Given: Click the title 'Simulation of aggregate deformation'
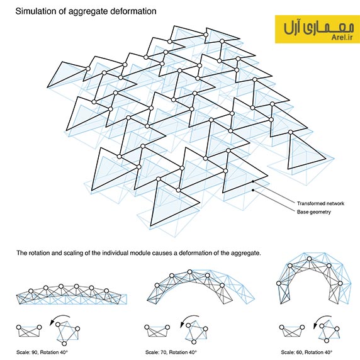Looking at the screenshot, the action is [x=86, y=11].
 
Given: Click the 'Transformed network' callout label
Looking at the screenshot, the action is [x=320, y=203].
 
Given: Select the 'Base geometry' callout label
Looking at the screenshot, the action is [x=314, y=212].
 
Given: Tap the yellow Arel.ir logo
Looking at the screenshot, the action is [x=317, y=29].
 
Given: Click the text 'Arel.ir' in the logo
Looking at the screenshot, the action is [x=342, y=37].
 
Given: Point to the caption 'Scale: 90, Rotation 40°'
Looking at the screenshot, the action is [x=42, y=352].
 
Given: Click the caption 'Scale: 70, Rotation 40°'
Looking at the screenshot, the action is [x=171, y=352].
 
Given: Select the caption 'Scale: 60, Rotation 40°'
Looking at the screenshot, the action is [x=307, y=352].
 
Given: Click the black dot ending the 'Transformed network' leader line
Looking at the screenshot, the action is [x=253, y=181].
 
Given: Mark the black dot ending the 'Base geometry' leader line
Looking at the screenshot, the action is [x=253, y=190].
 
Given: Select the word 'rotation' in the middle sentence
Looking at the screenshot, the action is [x=37, y=253].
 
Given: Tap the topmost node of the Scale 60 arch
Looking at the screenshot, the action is [x=309, y=259].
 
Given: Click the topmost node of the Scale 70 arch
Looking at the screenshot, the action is [x=189, y=272].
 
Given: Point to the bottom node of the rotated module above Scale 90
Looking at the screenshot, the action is [x=64, y=344].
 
